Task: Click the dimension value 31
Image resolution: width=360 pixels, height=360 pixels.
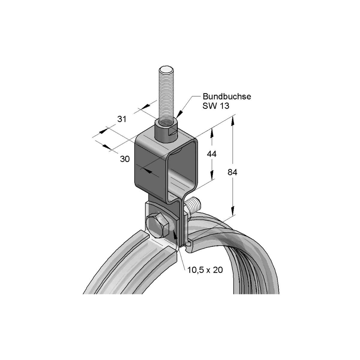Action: click(121, 119)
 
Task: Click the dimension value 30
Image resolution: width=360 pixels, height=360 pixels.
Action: click(125, 159)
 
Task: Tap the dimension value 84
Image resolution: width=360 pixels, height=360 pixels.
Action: click(232, 172)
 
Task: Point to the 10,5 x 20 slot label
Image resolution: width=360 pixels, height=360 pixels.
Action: click(205, 270)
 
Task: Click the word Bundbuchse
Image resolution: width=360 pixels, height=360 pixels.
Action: click(227, 97)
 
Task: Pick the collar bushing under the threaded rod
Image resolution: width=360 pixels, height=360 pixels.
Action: click(166, 131)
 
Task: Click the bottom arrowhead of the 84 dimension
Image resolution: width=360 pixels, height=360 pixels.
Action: click(232, 211)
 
